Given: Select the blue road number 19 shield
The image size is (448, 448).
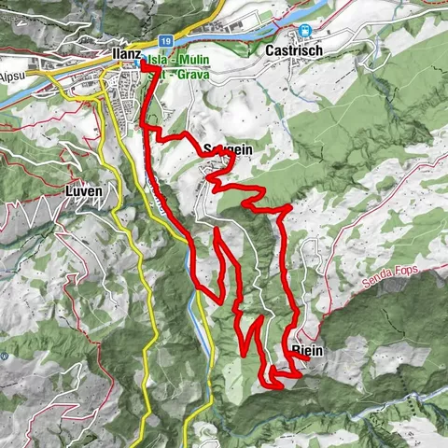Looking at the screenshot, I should (163, 41).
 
